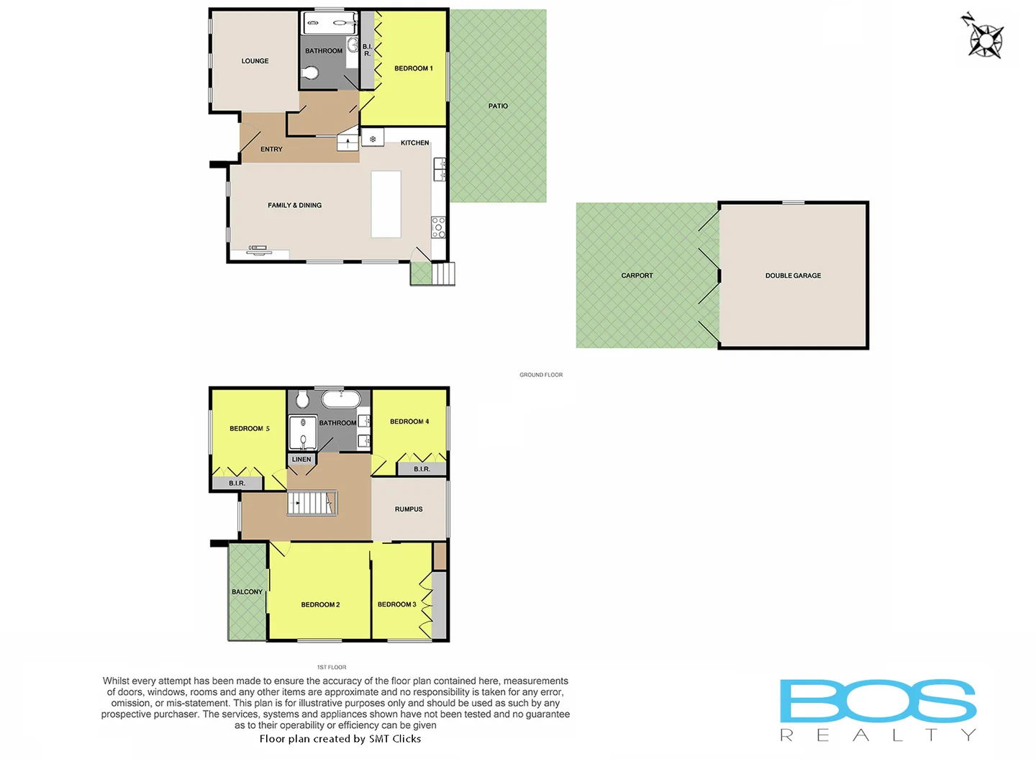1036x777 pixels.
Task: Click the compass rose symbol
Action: point(984,38)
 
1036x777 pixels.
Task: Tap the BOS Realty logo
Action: point(878,709)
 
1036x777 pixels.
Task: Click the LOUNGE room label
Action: point(255,61)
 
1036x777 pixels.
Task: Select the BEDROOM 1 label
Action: point(414,68)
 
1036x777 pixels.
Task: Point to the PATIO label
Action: point(498,106)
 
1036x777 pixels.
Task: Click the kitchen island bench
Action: point(386,204)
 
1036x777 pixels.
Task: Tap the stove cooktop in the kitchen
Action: point(438,227)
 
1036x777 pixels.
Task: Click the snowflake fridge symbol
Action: point(373,138)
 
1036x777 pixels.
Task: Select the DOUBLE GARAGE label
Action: point(793,276)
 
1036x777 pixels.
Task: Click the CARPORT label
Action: point(637,276)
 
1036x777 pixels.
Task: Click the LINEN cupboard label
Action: point(301,459)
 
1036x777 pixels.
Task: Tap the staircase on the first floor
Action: point(312,502)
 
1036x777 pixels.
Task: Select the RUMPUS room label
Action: point(409,509)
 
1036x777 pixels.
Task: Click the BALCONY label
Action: point(247,592)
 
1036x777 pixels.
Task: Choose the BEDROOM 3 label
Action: point(396,604)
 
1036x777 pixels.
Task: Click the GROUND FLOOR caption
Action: point(541,375)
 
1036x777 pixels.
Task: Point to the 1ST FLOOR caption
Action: point(332,668)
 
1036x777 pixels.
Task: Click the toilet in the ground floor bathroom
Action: point(311,73)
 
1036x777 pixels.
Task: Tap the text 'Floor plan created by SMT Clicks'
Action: point(340,739)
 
